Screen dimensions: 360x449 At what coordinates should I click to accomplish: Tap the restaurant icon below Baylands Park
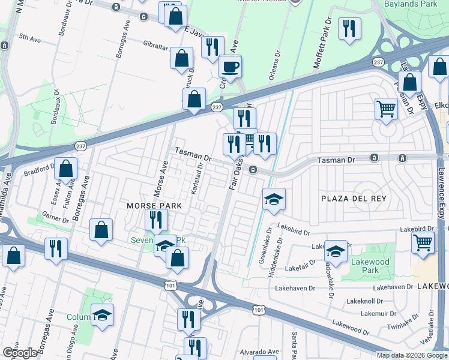point(349,28)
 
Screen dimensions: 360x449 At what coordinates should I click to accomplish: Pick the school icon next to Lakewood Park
point(336,251)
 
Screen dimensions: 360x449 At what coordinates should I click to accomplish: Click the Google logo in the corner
point(20,353)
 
